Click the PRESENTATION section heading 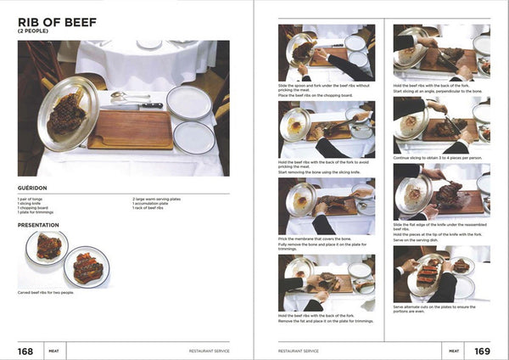coord(39,226)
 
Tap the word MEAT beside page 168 coord(53,350)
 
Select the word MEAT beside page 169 coord(454,350)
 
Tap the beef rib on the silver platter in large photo coord(67,115)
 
